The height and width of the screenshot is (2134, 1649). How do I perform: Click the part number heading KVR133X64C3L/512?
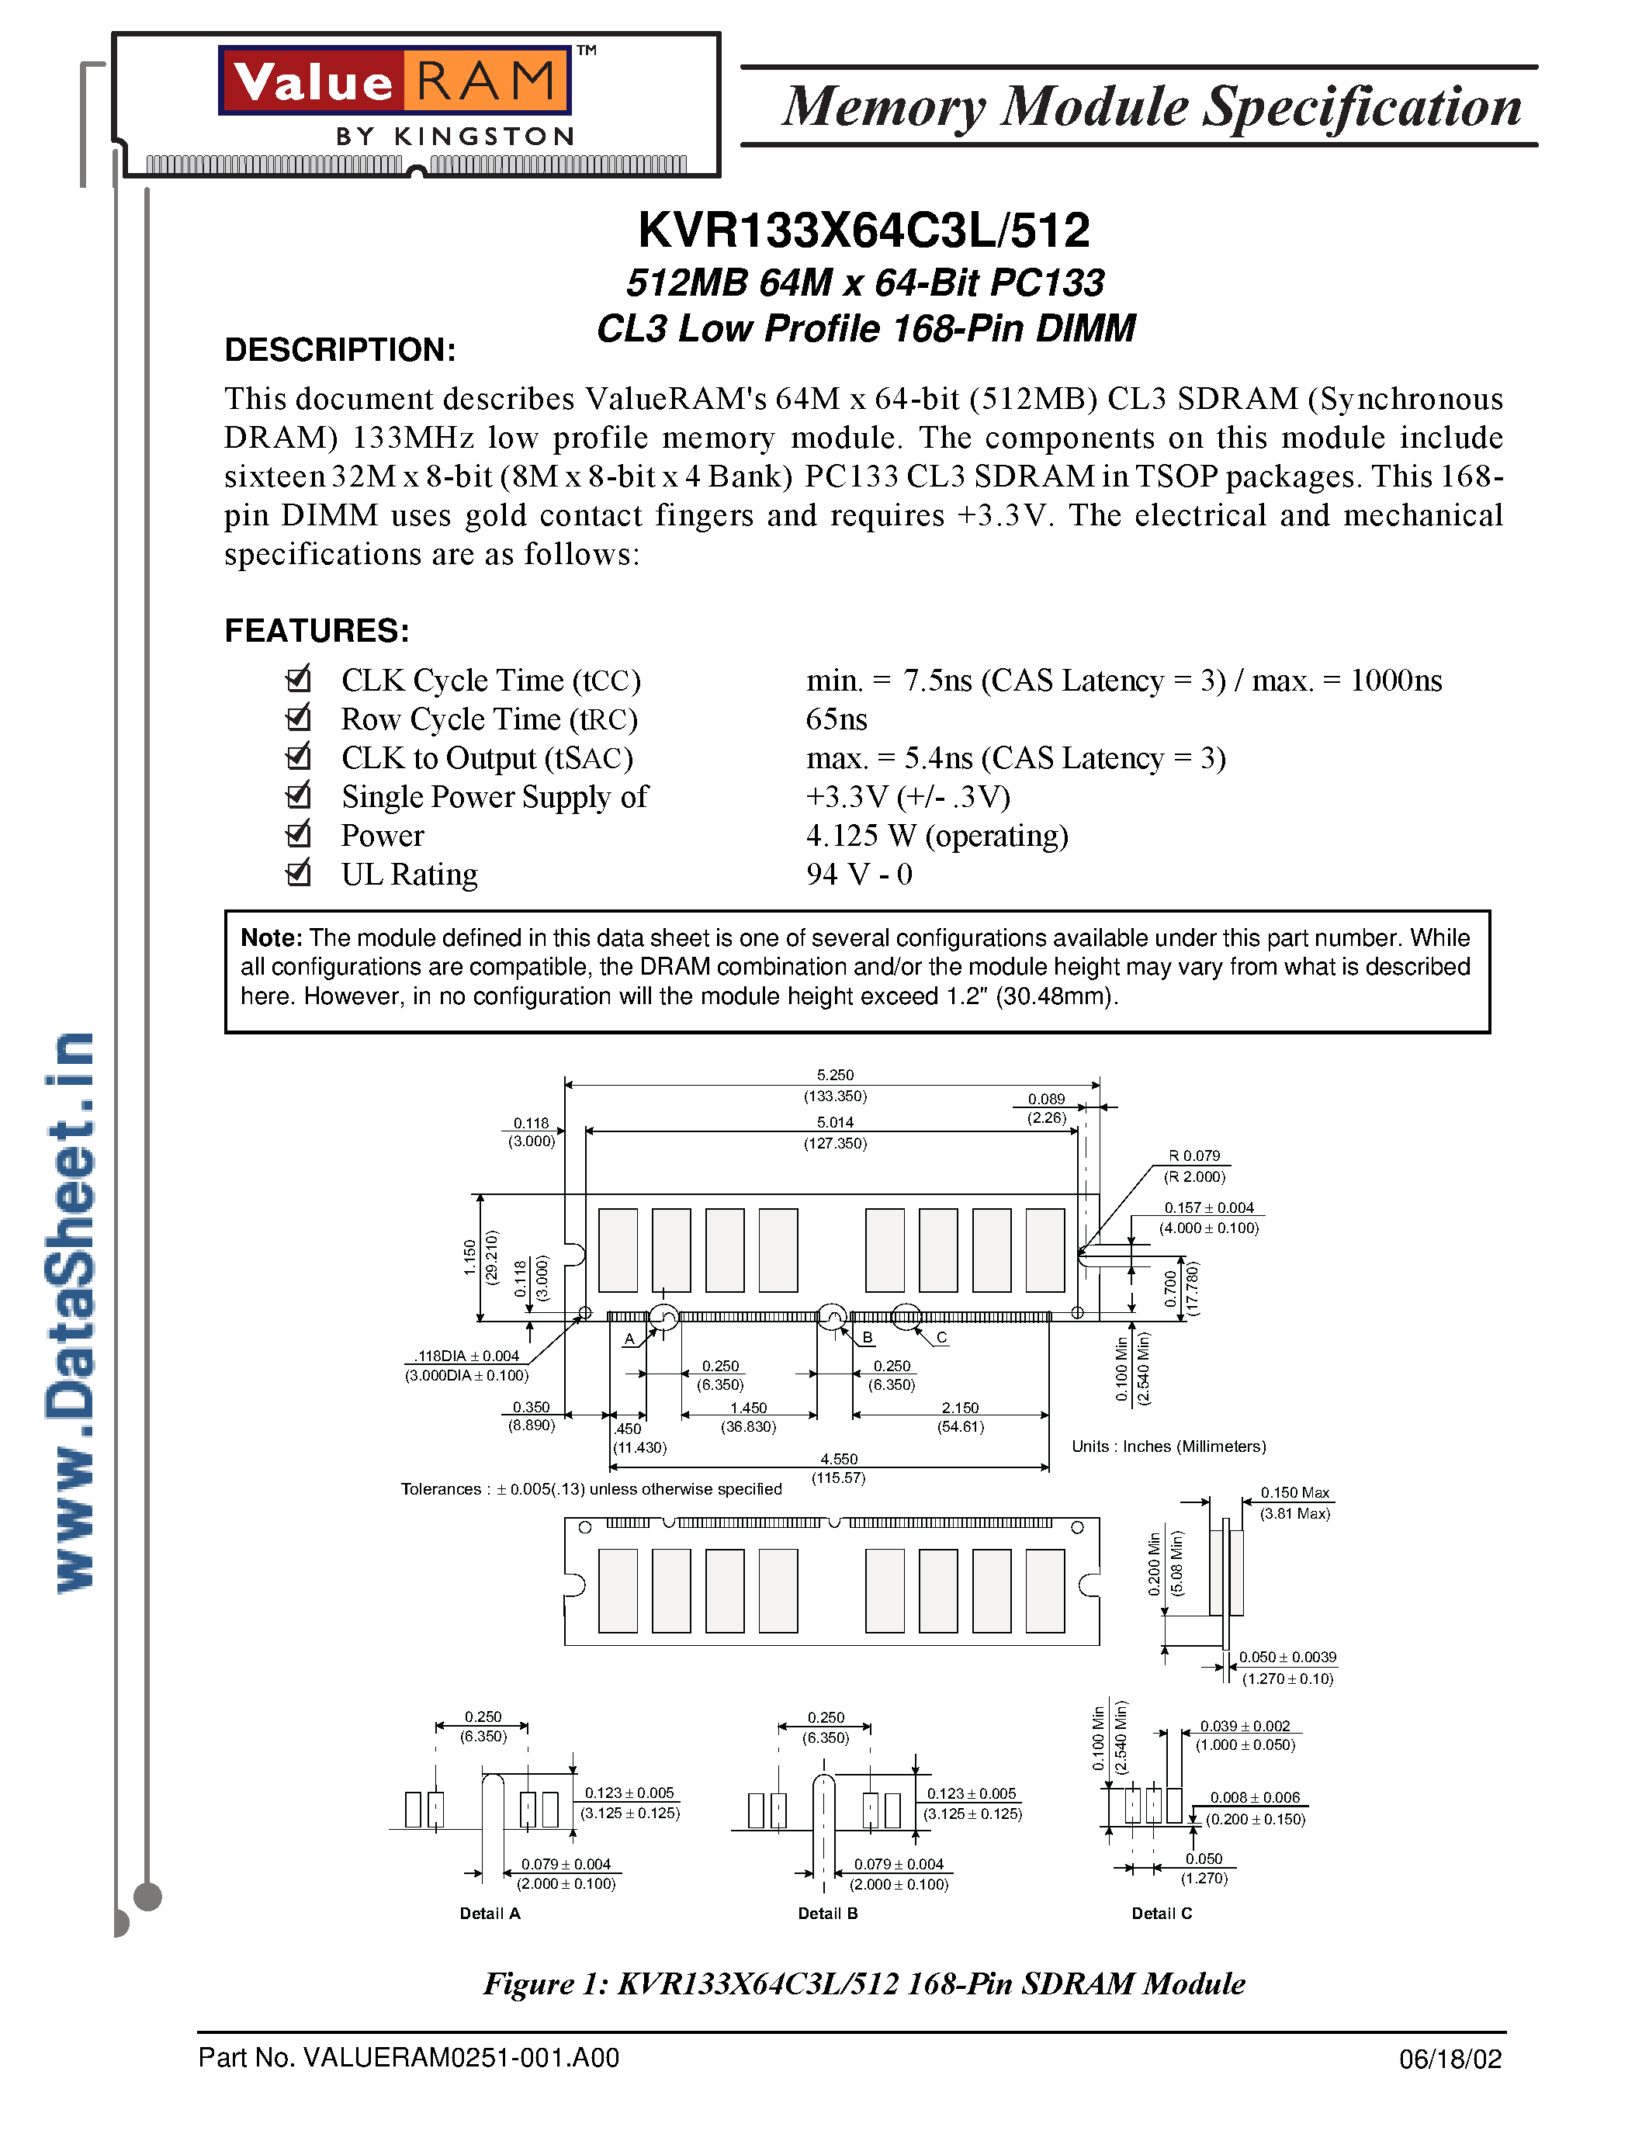pyautogui.click(x=864, y=231)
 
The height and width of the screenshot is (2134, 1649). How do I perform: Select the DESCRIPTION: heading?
pyautogui.click(x=340, y=350)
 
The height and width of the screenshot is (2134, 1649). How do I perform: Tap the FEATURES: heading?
pyautogui.click(x=317, y=631)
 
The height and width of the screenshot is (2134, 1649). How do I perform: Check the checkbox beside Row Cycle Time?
pyautogui.click(x=298, y=718)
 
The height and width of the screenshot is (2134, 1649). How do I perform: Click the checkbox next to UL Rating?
pyautogui.click(x=298, y=872)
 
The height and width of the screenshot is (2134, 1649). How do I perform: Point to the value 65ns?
pyautogui.click(x=837, y=720)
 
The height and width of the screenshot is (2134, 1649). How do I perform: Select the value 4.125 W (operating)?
pyautogui.click(x=937, y=837)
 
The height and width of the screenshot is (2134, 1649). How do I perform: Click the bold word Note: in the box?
pyautogui.click(x=272, y=938)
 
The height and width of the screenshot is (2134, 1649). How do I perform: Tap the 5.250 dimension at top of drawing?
pyautogui.click(x=835, y=1075)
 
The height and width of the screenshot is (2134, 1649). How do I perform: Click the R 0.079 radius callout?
pyautogui.click(x=1195, y=1156)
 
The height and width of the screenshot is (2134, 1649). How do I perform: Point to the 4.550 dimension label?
pyautogui.click(x=838, y=1459)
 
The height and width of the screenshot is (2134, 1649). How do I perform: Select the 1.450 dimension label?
pyautogui.click(x=748, y=1408)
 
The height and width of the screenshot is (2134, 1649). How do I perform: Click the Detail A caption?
pyautogui.click(x=490, y=1913)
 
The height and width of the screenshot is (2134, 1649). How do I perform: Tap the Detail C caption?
pyautogui.click(x=1162, y=1913)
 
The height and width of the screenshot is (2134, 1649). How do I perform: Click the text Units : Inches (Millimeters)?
pyautogui.click(x=1169, y=1446)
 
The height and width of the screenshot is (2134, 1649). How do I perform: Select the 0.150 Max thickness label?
pyautogui.click(x=1294, y=1493)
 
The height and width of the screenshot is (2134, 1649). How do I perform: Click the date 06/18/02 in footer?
pyautogui.click(x=1450, y=2059)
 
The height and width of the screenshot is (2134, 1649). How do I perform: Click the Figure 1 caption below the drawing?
pyautogui.click(x=864, y=1984)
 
